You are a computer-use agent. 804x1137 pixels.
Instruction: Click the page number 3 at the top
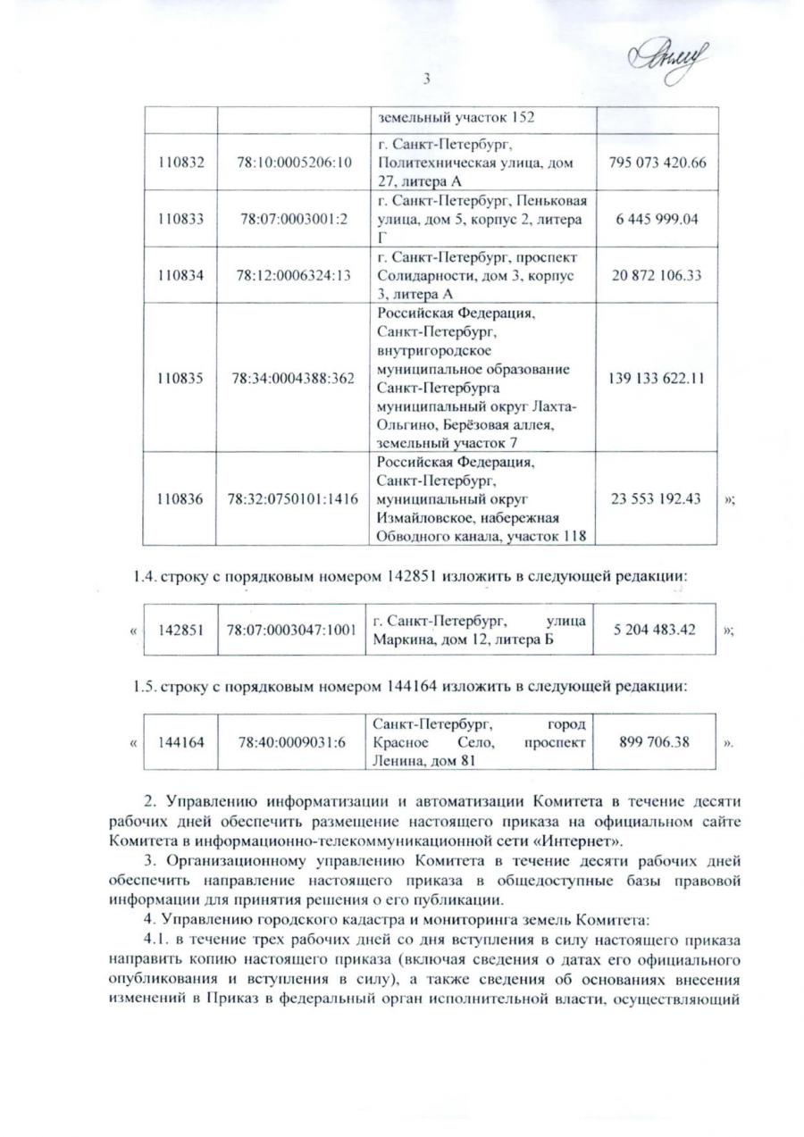pos(427,79)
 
